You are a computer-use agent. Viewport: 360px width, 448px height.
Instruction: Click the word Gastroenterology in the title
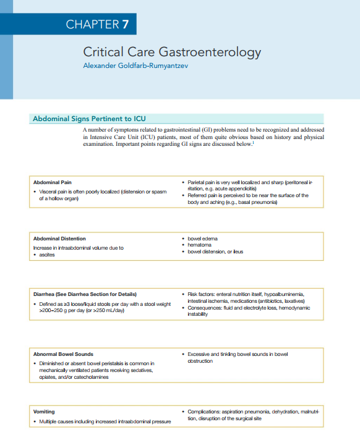click(x=210, y=53)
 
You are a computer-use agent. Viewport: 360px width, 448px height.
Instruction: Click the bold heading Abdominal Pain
click(x=53, y=183)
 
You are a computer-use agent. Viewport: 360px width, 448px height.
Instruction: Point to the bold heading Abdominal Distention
click(x=59, y=239)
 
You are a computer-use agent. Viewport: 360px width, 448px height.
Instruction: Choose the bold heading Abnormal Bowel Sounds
click(x=63, y=354)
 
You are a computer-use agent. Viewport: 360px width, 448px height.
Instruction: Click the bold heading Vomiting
click(x=43, y=411)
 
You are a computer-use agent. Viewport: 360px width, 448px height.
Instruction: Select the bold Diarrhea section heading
click(x=85, y=294)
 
